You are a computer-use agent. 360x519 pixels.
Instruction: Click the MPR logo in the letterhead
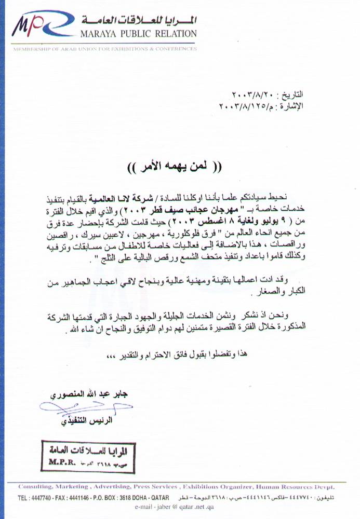pyautogui.click(x=39, y=27)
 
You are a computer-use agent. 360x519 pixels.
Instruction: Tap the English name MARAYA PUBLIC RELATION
pyautogui.click(x=139, y=34)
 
